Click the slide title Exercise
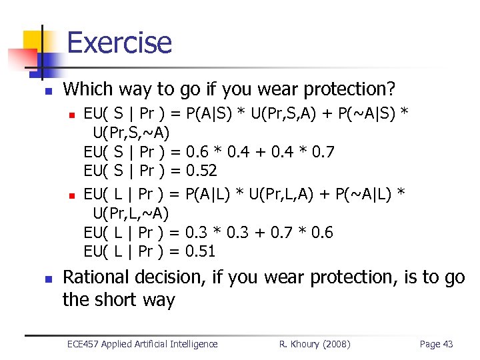tap(119, 43)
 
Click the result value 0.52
tap(201, 171)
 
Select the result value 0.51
tap(201, 251)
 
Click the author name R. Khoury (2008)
tap(315, 344)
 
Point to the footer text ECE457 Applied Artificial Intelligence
tap(143, 344)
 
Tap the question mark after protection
tap(391, 89)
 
